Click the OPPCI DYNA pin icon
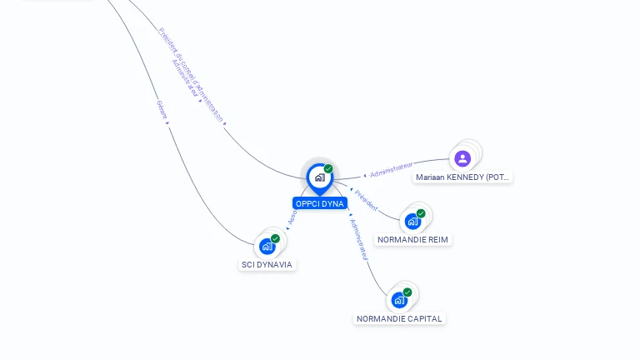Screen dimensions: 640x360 coord(319,177)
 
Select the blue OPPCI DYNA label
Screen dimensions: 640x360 coord(319,203)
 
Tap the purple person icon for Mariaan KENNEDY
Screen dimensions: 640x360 coord(462,158)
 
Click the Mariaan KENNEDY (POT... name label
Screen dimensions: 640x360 coord(463,177)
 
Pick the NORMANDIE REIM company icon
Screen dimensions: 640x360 coord(412,222)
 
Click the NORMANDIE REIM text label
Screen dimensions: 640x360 coord(412,240)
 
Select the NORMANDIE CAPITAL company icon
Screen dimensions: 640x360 coord(399,300)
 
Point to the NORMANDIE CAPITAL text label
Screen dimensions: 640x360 coord(400,318)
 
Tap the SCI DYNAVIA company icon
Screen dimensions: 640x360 coord(267,246)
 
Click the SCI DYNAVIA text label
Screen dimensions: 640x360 coord(267,264)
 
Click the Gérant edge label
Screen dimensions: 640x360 coord(162,109)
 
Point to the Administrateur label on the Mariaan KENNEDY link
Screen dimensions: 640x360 coord(392,170)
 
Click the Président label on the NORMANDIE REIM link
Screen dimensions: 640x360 coord(366,200)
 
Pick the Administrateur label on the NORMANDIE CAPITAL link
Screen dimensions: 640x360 coord(359,241)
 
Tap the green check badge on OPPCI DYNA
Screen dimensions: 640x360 coord(328,169)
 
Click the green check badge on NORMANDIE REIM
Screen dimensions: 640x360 coord(421,213)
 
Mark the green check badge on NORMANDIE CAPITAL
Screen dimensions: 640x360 coord(407,292)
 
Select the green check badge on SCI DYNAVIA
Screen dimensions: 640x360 coord(275,238)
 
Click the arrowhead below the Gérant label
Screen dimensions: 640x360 coord(167,123)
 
